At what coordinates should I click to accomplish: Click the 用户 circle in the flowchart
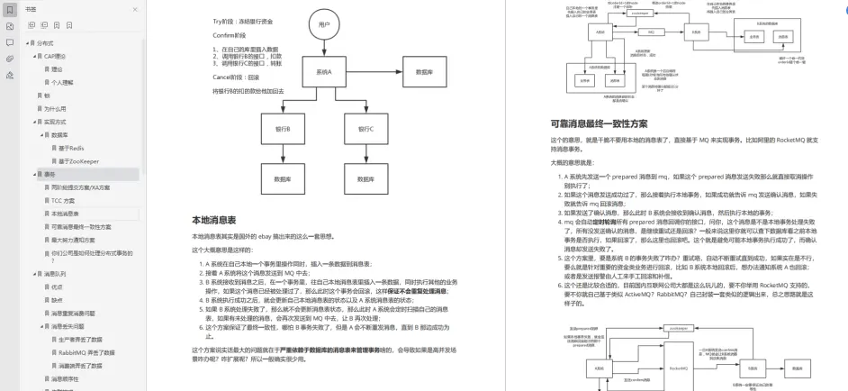(x=324, y=26)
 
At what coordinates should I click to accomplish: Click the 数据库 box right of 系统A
(x=422, y=71)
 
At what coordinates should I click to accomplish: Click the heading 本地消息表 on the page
(x=213, y=220)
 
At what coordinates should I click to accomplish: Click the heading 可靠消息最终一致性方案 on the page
(x=600, y=124)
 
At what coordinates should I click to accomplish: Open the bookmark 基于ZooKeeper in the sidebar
(x=77, y=160)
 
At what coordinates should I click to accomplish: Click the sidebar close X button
(x=135, y=9)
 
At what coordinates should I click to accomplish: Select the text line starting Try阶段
(x=243, y=19)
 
